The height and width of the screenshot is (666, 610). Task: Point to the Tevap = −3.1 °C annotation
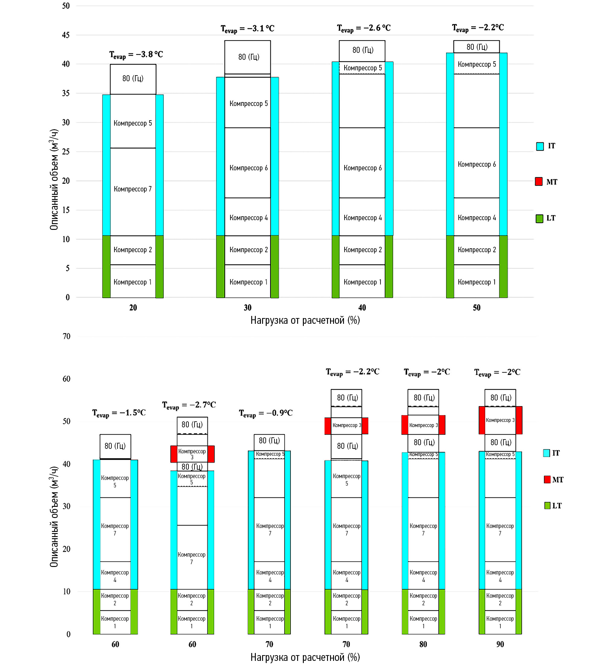pyautogui.click(x=247, y=29)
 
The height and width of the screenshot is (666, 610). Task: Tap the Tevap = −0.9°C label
pyautogui.click(x=265, y=413)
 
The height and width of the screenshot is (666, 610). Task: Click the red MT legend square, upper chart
pyautogui.click(x=539, y=181)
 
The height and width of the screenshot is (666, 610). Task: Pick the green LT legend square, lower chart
pyautogui.click(x=547, y=505)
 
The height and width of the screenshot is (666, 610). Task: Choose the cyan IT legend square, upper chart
pyautogui.click(x=540, y=146)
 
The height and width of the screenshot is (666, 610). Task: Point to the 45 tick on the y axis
pyautogui.click(x=66, y=35)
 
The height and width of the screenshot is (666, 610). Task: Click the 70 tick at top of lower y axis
pyautogui.click(x=66, y=336)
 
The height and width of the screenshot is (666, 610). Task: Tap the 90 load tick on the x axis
pyautogui.click(x=500, y=644)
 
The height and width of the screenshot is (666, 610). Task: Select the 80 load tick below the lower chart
pyautogui.click(x=423, y=644)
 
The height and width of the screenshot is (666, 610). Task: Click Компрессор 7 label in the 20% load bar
pyautogui.click(x=133, y=189)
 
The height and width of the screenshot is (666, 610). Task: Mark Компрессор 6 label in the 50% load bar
pyautogui.click(x=477, y=164)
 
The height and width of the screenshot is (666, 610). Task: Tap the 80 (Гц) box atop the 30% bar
pyautogui.click(x=249, y=57)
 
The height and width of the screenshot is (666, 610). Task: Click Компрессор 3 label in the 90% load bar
pyautogui.click(x=500, y=420)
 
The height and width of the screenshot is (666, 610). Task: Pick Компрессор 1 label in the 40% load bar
pyautogui.click(x=362, y=282)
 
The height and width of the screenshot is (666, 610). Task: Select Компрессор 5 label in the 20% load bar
pyautogui.click(x=133, y=123)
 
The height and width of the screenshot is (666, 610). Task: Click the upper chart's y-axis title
pyautogui.click(x=54, y=179)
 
